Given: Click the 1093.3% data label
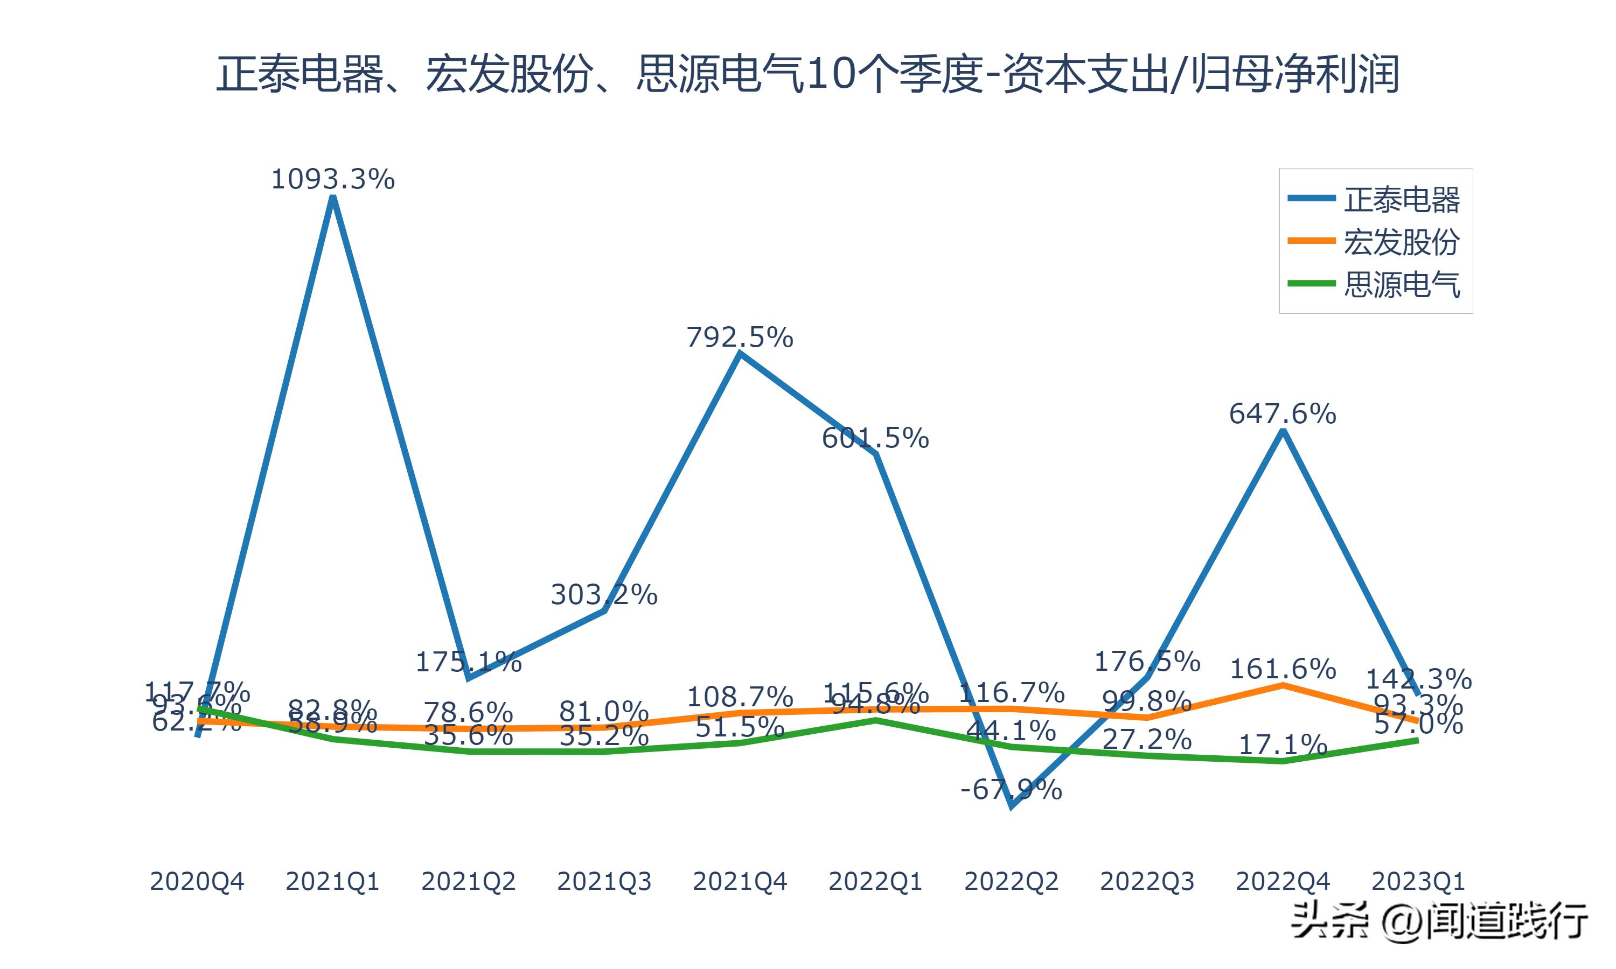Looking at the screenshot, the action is [332, 179].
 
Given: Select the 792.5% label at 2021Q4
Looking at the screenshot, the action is [740, 338].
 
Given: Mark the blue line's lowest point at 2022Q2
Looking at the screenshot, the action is [1011, 807].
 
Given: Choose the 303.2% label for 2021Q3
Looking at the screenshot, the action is [603, 595].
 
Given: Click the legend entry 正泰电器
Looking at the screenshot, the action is [1401, 200].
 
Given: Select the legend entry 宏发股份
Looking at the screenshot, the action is [1401, 242].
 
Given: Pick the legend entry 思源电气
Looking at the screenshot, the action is [1401, 285].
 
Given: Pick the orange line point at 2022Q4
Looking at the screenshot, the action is [1283, 685].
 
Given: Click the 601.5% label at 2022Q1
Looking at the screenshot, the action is [875, 438].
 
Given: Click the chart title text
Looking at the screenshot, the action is [807, 74].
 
